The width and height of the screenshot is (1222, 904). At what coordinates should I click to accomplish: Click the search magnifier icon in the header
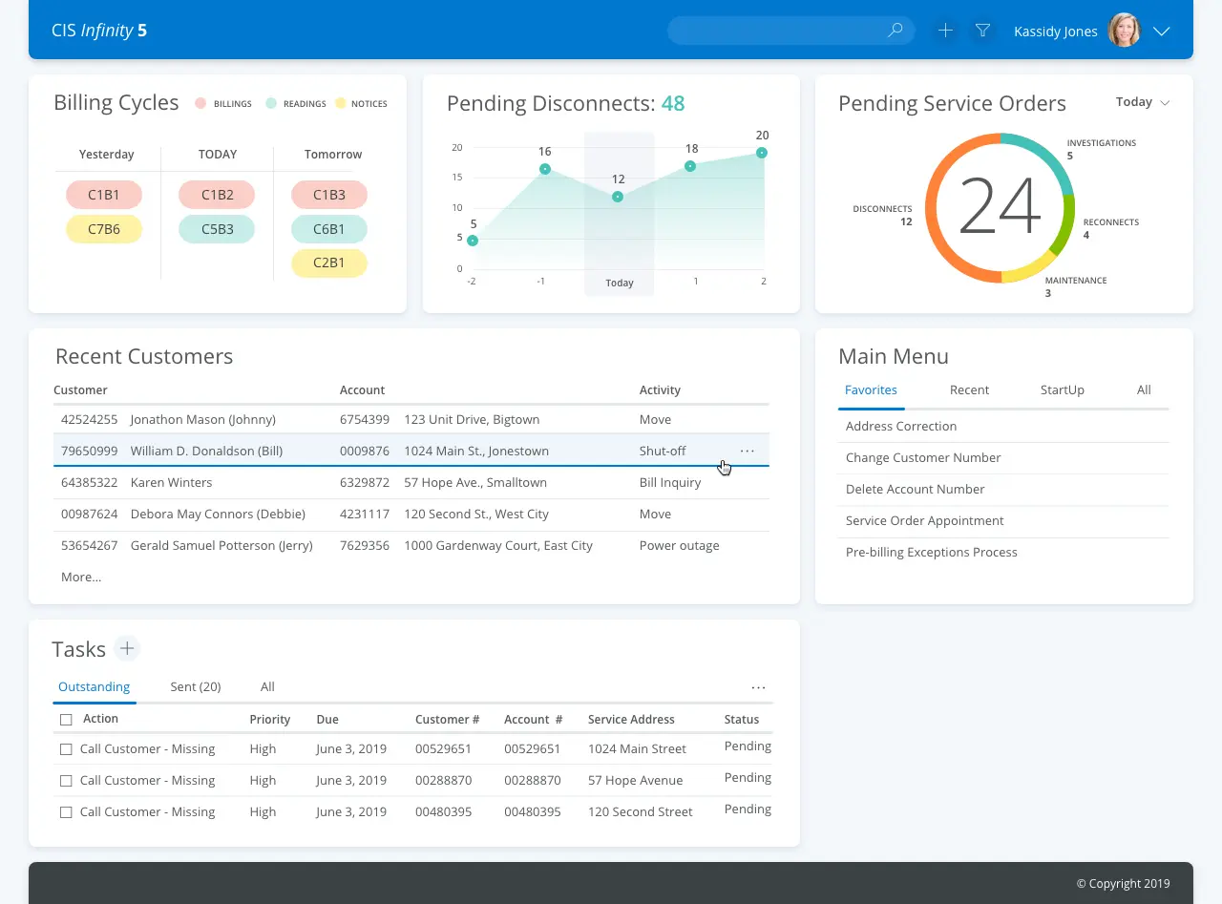pyautogui.click(x=895, y=31)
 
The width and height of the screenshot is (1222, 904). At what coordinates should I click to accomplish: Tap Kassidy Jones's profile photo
pyautogui.click(x=1124, y=31)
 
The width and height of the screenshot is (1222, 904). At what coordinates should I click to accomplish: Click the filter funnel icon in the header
pyautogui.click(x=982, y=31)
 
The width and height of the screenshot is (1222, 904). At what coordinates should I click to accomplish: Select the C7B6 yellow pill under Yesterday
pyautogui.click(x=104, y=229)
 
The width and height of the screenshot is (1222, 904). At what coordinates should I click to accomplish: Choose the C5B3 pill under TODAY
pyautogui.click(x=217, y=229)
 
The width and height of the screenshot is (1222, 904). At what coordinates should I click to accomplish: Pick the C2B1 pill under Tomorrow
pyautogui.click(x=329, y=263)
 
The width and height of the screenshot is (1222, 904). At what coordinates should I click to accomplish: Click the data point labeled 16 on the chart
pyautogui.click(x=545, y=169)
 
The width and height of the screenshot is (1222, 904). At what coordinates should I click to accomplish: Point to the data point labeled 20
pyautogui.click(x=762, y=153)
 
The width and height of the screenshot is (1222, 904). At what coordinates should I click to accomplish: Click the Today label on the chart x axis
pyautogui.click(x=620, y=283)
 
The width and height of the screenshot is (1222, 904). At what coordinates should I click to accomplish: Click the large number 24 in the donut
pyautogui.click(x=1000, y=207)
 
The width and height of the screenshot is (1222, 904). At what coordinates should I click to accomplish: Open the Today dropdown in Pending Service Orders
pyautogui.click(x=1143, y=102)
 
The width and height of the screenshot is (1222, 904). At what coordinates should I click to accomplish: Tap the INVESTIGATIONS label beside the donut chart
pyautogui.click(x=1101, y=143)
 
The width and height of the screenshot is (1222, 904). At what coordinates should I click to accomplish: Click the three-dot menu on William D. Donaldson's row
pyautogui.click(x=748, y=451)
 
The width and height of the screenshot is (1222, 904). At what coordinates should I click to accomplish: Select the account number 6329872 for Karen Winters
pyautogui.click(x=364, y=482)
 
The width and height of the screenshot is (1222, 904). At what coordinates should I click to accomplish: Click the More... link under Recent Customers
pyautogui.click(x=81, y=577)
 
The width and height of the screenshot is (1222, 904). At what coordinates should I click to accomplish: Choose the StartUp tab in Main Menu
pyautogui.click(x=1062, y=389)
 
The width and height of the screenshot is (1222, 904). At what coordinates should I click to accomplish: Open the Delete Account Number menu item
pyautogui.click(x=915, y=489)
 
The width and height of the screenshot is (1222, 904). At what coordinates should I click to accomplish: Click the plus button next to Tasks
pyautogui.click(x=127, y=649)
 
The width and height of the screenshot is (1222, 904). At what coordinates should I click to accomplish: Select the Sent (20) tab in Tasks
pyautogui.click(x=196, y=686)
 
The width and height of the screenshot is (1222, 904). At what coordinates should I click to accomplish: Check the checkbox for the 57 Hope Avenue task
pyautogui.click(x=66, y=781)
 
